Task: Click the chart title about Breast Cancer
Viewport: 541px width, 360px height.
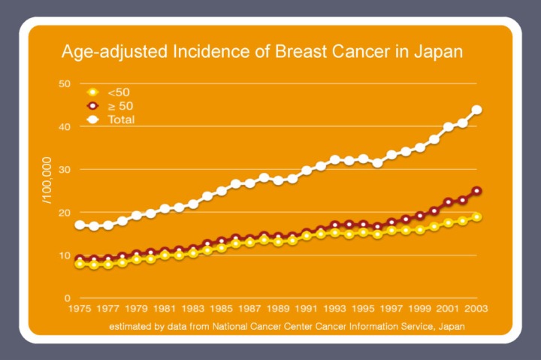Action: click(x=261, y=53)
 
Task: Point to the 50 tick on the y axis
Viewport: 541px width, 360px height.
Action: click(x=65, y=83)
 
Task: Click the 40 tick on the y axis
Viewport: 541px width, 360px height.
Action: click(x=65, y=126)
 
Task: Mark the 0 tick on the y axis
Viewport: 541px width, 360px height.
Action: click(x=68, y=298)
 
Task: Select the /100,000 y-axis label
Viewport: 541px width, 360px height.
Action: click(x=47, y=180)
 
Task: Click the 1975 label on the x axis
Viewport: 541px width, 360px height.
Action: click(x=80, y=309)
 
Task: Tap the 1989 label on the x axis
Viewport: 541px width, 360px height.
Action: click(x=279, y=309)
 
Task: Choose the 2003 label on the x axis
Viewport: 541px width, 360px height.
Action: click(x=476, y=309)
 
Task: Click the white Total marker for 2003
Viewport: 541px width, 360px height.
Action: click(x=476, y=110)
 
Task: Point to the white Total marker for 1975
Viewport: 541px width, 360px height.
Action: click(x=80, y=225)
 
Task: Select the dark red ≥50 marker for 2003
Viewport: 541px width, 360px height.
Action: click(x=476, y=191)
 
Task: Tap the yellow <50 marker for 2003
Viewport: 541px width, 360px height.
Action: click(x=476, y=217)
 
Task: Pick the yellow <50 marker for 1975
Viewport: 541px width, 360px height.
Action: click(x=80, y=264)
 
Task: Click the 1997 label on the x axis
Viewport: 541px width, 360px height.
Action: click(x=391, y=309)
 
